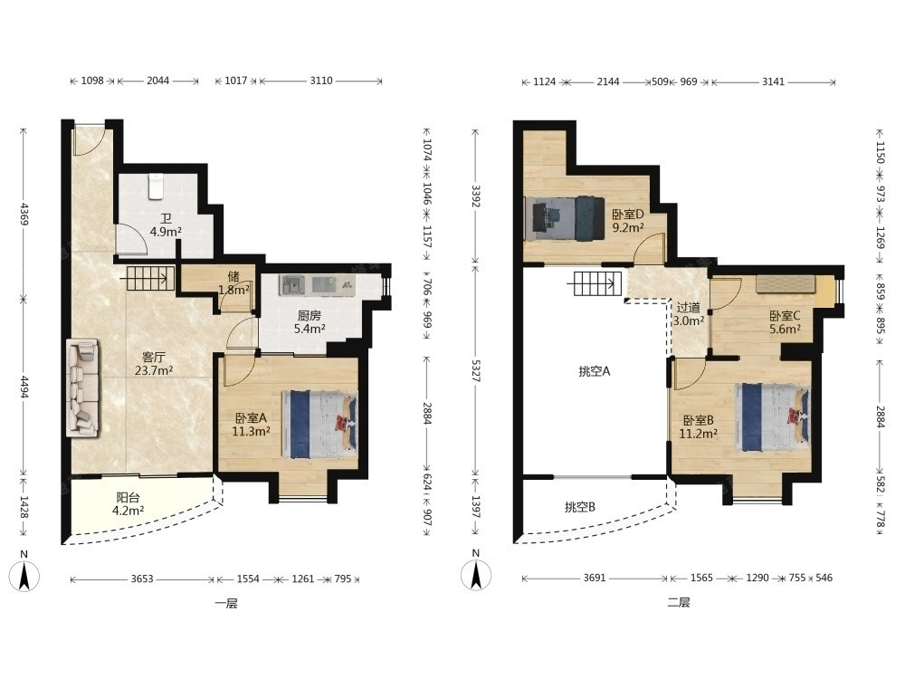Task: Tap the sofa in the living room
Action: (82, 387)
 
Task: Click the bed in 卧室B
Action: (772, 417)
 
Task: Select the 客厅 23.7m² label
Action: (154, 364)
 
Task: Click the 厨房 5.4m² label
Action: (309, 322)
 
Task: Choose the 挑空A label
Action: (595, 371)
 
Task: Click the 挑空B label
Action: (580, 507)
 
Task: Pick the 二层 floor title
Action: (678, 603)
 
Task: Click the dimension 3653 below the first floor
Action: (142, 579)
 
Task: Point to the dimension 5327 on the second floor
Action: (476, 370)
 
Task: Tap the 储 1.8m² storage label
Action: (233, 283)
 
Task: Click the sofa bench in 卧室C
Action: (786, 284)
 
